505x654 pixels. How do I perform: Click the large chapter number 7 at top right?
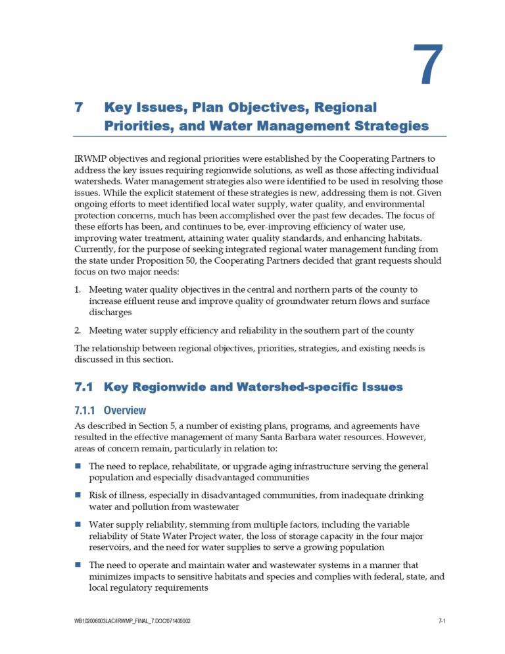[428, 65]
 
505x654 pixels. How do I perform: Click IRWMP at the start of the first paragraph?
[91, 159]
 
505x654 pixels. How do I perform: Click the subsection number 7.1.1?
[86, 411]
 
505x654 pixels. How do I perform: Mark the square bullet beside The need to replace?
[78, 466]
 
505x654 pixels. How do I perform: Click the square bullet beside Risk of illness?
[78, 495]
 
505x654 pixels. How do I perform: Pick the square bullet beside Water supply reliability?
[78, 524]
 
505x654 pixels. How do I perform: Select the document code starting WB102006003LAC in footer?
[133, 621]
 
